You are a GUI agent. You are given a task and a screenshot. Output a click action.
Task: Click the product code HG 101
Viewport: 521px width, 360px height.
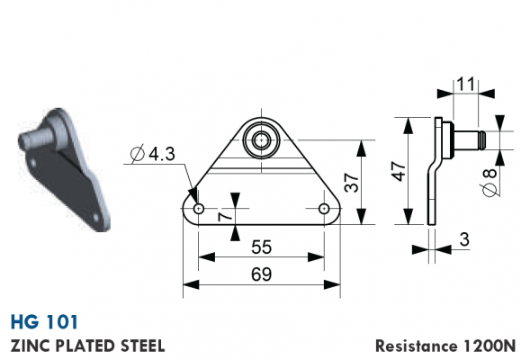(x=44, y=322)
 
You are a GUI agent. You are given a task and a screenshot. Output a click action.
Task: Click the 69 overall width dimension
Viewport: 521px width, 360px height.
(x=262, y=274)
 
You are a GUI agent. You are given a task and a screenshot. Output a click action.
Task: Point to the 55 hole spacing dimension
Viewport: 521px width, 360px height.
(x=262, y=247)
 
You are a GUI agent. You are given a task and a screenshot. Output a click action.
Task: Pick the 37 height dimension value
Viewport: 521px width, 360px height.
(x=352, y=183)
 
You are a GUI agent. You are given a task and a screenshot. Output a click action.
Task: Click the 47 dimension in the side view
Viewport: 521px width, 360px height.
(x=399, y=171)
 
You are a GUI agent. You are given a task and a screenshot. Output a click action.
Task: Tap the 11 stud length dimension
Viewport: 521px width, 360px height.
(x=466, y=84)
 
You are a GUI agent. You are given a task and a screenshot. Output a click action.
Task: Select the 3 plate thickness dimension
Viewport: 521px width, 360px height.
(x=465, y=239)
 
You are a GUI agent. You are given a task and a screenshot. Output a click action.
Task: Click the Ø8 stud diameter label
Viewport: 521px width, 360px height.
(x=490, y=183)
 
